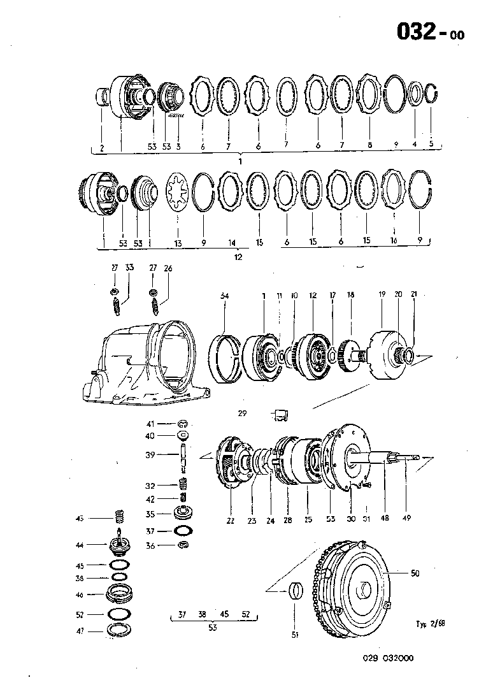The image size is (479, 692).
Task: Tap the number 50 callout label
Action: pyautogui.click(x=415, y=573)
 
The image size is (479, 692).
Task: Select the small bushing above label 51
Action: pyautogui.click(x=294, y=592)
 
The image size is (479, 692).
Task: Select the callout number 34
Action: pyautogui.click(x=224, y=296)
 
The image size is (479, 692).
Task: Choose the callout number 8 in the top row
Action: pyautogui.click(x=369, y=145)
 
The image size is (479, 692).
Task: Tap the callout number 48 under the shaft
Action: pyautogui.click(x=385, y=519)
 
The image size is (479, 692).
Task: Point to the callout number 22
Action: pyautogui.click(x=231, y=521)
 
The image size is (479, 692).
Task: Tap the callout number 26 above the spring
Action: pyautogui.click(x=168, y=269)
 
